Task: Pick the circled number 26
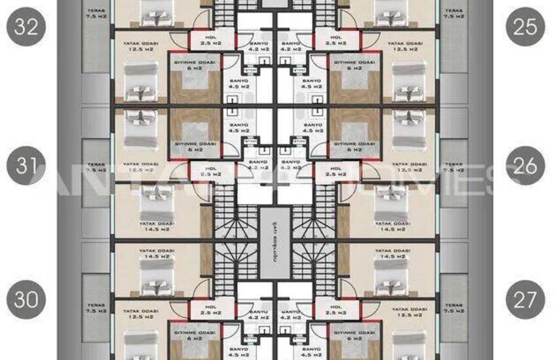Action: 526,166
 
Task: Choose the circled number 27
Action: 526,299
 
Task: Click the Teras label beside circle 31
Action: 96,167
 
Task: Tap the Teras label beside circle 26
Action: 453,167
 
